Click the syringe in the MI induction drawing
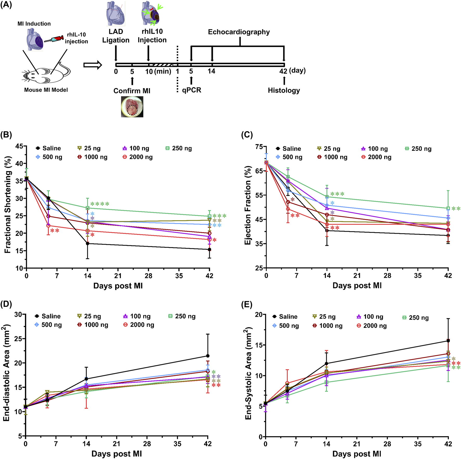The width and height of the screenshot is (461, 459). (54, 39)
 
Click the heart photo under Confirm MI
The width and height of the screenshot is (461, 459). (132, 107)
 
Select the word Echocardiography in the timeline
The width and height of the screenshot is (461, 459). (239, 32)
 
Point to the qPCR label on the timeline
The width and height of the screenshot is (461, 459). (192, 90)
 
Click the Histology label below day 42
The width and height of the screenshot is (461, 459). (284, 90)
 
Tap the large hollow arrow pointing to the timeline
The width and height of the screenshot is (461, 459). (92, 65)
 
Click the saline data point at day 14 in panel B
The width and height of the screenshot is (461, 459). (88, 244)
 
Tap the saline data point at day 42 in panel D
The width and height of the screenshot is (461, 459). (208, 356)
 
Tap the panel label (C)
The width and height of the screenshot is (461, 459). (247, 134)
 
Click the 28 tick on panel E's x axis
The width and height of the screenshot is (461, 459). (387, 444)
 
